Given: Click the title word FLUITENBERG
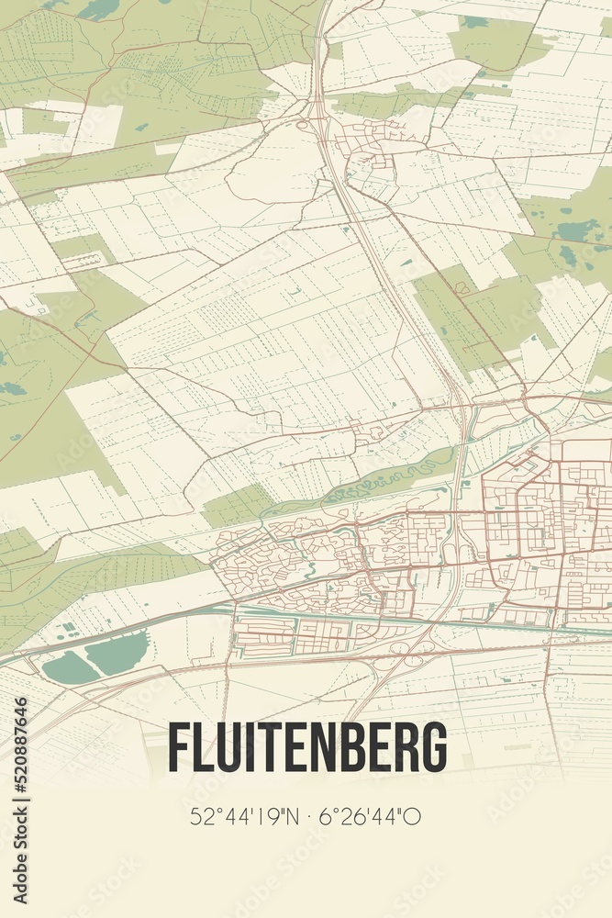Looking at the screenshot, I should (306, 747).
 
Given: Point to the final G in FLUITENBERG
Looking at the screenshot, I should (434, 747).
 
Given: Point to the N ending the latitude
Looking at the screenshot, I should (291, 815).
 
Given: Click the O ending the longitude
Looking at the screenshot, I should (414, 815).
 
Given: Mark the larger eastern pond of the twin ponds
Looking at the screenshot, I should (116, 653).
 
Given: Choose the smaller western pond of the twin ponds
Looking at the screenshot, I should (70, 668).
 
